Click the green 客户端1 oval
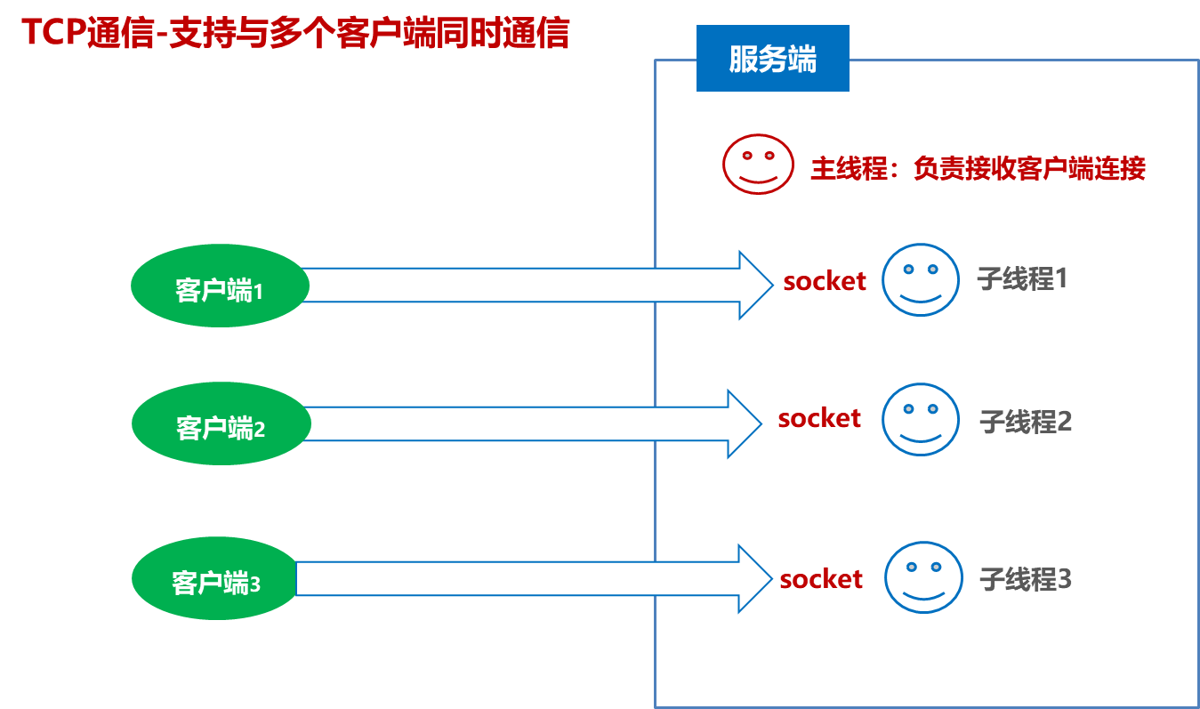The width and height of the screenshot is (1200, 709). (220, 286)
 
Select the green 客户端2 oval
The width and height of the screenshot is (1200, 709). (221, 423)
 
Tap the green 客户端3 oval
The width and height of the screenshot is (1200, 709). (214, 578)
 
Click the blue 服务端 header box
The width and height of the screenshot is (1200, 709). (772, 59)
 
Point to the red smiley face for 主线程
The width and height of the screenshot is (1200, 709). (758, 164)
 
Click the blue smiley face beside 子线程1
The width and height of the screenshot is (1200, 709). (921, 279)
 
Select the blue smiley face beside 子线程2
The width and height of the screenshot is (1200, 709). (921, 419)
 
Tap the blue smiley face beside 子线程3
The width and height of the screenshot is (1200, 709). (923, 577)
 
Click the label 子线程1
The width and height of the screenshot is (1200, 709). (1021, 279)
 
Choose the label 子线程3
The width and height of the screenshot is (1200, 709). (1025, 579)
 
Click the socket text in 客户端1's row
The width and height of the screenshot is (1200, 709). (824, 281)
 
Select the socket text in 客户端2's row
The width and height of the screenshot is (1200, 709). (818, 418)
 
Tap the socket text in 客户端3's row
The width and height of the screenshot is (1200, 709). (820, 579)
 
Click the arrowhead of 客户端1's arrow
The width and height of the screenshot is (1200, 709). (754, 285)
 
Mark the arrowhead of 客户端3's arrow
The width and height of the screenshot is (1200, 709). (753, 578)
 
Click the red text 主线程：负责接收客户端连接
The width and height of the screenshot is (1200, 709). (977, 168)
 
